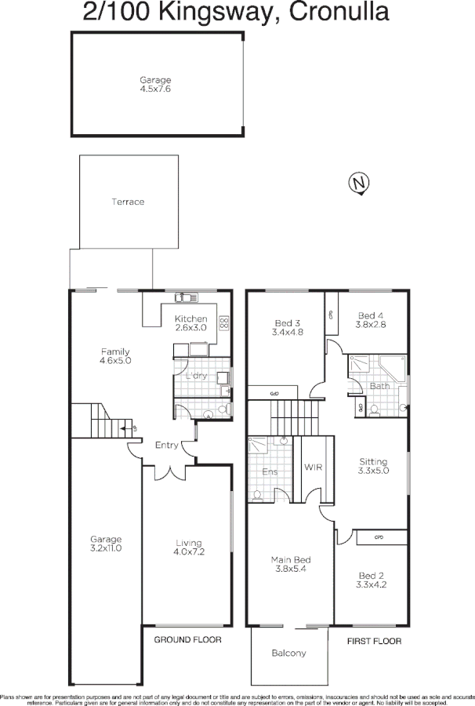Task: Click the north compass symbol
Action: [x=359, y=184]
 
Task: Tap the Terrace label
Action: [x=128, y=202]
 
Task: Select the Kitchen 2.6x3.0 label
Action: [x=190, y=323]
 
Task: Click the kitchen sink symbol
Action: [x=187, y=297]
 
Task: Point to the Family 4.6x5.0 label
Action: [x=114, y=357]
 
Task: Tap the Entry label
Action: [x=167, y=446]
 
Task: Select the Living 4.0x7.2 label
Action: [x=188, y=548]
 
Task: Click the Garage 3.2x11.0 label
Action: [x=105, y=544]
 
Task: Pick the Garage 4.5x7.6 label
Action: [x=155, y=85]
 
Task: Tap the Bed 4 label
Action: [x=372, y=318]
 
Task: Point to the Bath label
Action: [x=379, y=385]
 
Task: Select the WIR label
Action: [x=314, y=468]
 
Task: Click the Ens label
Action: [x=269, y=472]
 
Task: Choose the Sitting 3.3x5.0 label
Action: [x=373, y=466]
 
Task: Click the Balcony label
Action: [x=288, y=653]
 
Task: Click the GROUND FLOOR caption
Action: [x=187, y=640]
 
